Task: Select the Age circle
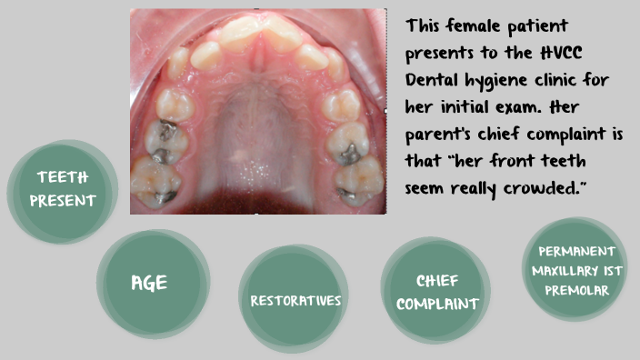click(x=150, y=283)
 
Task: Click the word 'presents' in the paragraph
click(x=443, y=52)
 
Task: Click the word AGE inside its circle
click(x=150, y=283)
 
